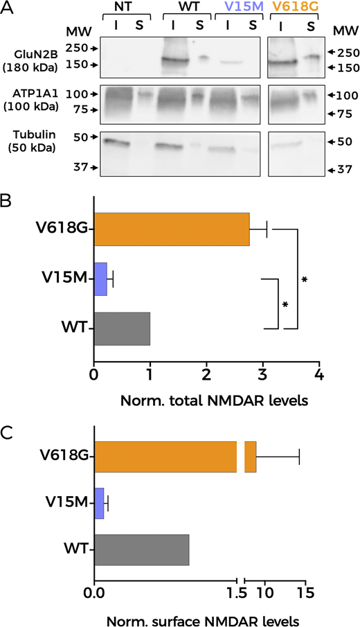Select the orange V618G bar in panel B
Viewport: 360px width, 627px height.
171,229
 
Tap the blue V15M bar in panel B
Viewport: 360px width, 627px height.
100,279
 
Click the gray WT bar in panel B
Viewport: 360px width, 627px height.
122,328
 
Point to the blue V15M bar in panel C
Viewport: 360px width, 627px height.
99,504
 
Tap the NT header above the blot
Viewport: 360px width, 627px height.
125,8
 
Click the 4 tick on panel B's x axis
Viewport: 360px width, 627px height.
319,375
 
